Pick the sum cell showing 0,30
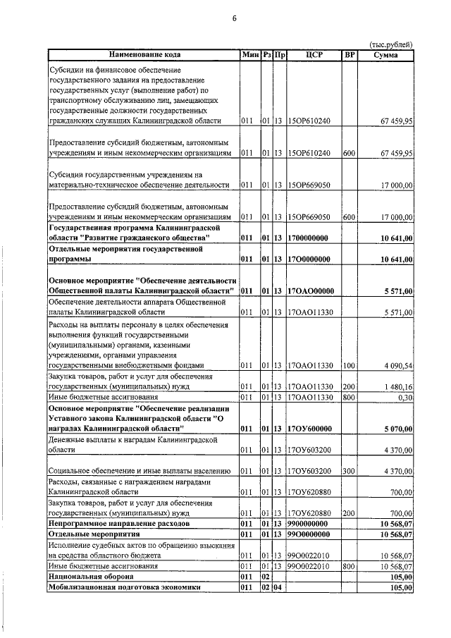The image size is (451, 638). click(405, 398)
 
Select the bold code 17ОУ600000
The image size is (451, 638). click(310, 429)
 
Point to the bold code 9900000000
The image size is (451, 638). click(310, 524)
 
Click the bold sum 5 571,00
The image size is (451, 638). click(398, 291)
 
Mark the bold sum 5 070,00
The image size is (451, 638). click(398, 429)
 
